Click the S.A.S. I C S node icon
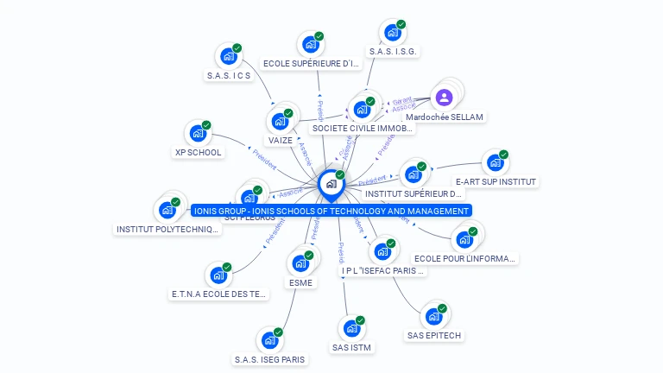pyautogui.click(x=229, y=56)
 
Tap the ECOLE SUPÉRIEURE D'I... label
pyautogui.click(x=311, y=63)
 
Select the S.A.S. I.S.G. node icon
pyautogui.click(x=393, y=33)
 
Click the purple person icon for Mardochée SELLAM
pyautogui.click(x=445, y=98)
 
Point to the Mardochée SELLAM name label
pyautogui.click(x=445, y=117)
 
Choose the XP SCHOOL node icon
pyautogui.click(x=198, y=134)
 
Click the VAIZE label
pyautogui.click(x=281, y=140)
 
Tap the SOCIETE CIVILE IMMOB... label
pyautogui.click(x=363, y=128)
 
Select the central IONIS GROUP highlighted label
pyautogui.click(x=331, y=211)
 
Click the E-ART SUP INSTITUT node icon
pyautogui.click(x=495, y=162)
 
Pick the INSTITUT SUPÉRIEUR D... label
pyautogui.click(x=420, y=193)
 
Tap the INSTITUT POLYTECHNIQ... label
pyautogui.click(x=168, y=230)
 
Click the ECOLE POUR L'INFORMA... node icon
pyautogui.click(x=465, y=238)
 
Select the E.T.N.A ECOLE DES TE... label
pyautogui.click(x=220, y=294)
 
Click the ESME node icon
pyautogui.click(x=300, y=263)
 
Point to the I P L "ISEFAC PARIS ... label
pyautogui.click(x=383, y=270)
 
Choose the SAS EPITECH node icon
pyautogui.click(x=433, y=316)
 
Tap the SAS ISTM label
pyautogui.click(x=351, y=348)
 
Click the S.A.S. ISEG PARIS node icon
pyautogui.click(x=269, y=340)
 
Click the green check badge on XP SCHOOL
pyautogui.click(x=206, y=125)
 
